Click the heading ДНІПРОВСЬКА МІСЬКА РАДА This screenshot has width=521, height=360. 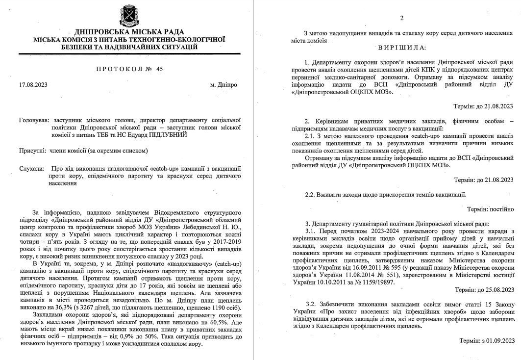click(x=129, y=31)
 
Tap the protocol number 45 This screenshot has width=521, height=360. click(x=160, y=69)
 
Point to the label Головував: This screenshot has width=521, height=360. click(x=34, y=120)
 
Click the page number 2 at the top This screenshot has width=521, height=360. click(x=401, y=18)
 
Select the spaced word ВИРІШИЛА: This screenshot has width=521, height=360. click(x=402, y=48)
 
